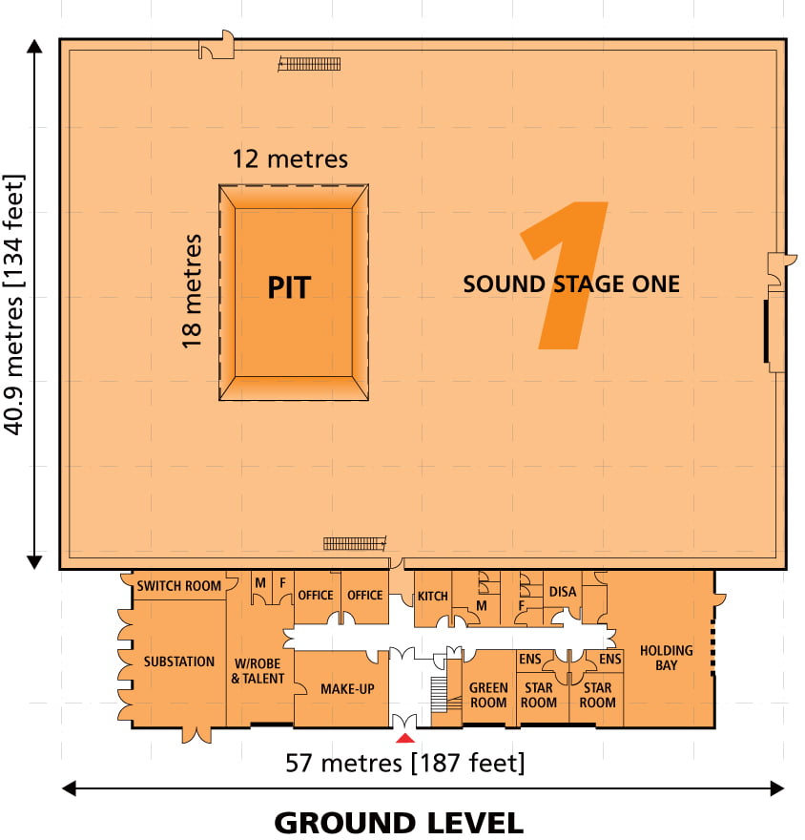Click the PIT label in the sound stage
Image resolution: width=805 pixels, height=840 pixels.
tap(289, 287)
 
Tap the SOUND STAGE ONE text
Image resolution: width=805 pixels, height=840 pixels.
tap(571, 283)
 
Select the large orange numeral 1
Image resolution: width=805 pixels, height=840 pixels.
tap(564, 275)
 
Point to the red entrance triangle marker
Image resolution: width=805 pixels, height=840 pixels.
tap(405, 738)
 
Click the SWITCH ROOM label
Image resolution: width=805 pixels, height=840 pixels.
tap(178, 585)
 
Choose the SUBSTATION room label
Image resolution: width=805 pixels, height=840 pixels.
tap(178, 661)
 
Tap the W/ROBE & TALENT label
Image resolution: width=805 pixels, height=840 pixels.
tap(258, 671)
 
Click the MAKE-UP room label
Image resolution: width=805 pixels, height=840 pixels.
tap(347, 689)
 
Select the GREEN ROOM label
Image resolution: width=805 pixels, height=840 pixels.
tap(488, 695)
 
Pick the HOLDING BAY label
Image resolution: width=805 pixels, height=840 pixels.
tap(667, 658)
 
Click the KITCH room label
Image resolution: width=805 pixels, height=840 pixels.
tap(432, 596)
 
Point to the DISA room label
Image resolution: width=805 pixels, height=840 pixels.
tap(563, 592)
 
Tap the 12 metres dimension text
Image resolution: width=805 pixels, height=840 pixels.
tap(290, 159)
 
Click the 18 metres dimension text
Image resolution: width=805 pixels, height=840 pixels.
tap(192, 291)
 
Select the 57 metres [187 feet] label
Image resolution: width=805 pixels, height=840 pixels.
tap(404, 763)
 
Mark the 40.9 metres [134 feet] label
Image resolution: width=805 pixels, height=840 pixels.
tap(14, 304)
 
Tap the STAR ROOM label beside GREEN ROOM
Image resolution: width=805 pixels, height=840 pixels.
tap(539, 695)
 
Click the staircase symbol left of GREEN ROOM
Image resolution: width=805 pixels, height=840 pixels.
tap(439, 695)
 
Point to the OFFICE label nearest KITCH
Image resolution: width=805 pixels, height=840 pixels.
tap(365, 596)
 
